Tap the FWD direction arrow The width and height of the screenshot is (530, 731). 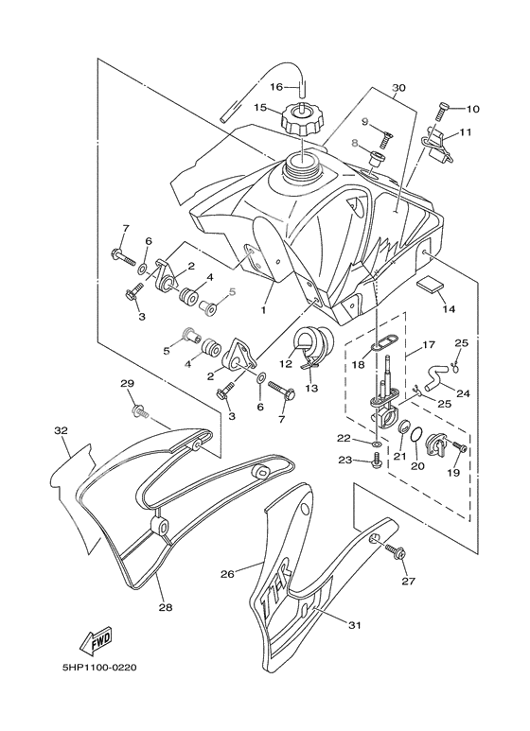click(x=97, y=640)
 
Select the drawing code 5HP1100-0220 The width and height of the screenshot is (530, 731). click(x=99, y=668)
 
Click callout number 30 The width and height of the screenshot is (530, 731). click(x=398, y=88)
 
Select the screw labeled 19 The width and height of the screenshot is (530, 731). click(x=459, y=447)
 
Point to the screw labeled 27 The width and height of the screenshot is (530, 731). click(x=396, y=552)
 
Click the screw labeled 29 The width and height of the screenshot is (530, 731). click(x=140, y=411)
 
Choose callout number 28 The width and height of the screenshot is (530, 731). click(x=166, y=607)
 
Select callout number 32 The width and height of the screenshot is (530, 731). click(x=62, y=430)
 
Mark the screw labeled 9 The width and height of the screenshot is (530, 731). click(x=385, y=138)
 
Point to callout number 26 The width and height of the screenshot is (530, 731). click(x=227, y=574)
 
